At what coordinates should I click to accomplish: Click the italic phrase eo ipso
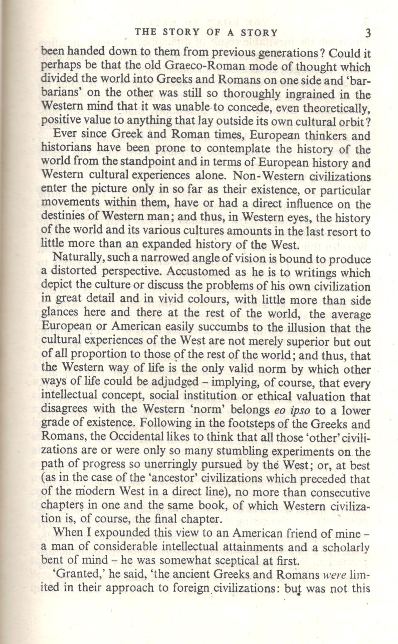(x=292, y=410)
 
